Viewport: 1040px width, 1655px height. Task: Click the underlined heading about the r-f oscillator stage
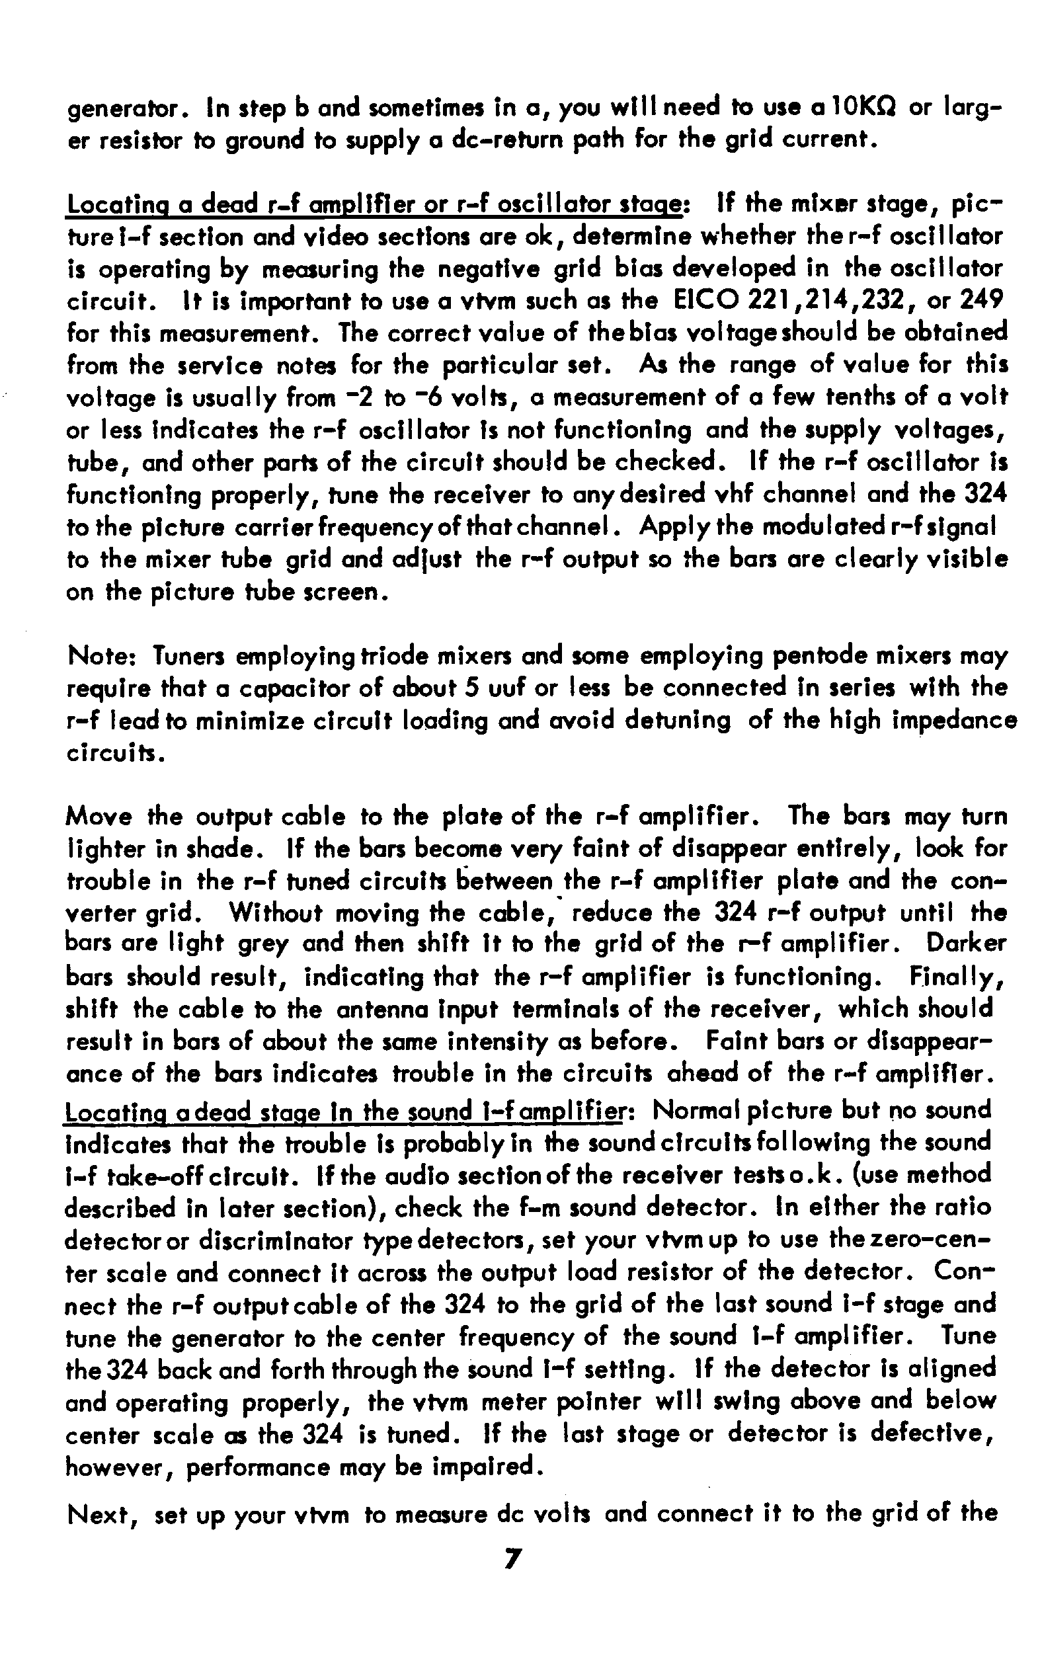[374, 206]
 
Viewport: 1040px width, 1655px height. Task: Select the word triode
[387, 656]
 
